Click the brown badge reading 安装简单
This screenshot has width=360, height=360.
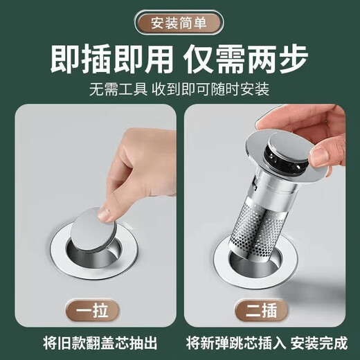(179, 20)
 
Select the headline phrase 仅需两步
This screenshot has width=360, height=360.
(254, 61)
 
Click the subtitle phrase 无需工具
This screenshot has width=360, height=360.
(116, 90)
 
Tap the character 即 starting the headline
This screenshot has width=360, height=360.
(66, 61)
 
